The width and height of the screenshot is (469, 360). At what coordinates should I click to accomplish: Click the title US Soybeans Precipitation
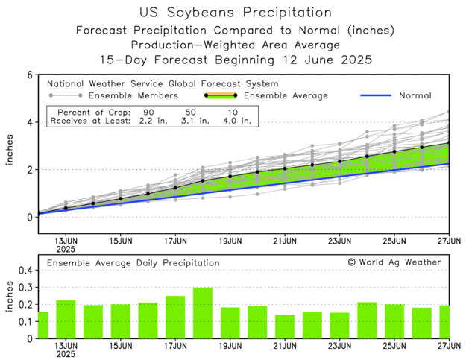click(x=235, y=13)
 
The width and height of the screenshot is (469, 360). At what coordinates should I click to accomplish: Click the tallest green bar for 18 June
click(x=203, y=313)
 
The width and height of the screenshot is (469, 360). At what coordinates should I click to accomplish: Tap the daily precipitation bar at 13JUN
click(x=66, y=319)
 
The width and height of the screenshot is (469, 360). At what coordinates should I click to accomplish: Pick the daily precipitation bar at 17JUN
click(x=175, y=317)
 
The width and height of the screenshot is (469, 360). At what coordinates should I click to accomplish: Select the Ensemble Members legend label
click(x=133, y=95)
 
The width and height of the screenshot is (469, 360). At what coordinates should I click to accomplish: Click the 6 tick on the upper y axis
click(x=29, y=75)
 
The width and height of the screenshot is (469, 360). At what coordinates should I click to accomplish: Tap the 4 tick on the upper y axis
click(x=29, y=122)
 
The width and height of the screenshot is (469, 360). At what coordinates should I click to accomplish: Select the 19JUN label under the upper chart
click(x=230, y=241)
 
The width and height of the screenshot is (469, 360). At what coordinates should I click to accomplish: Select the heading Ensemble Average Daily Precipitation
click(x=133, y=262)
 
